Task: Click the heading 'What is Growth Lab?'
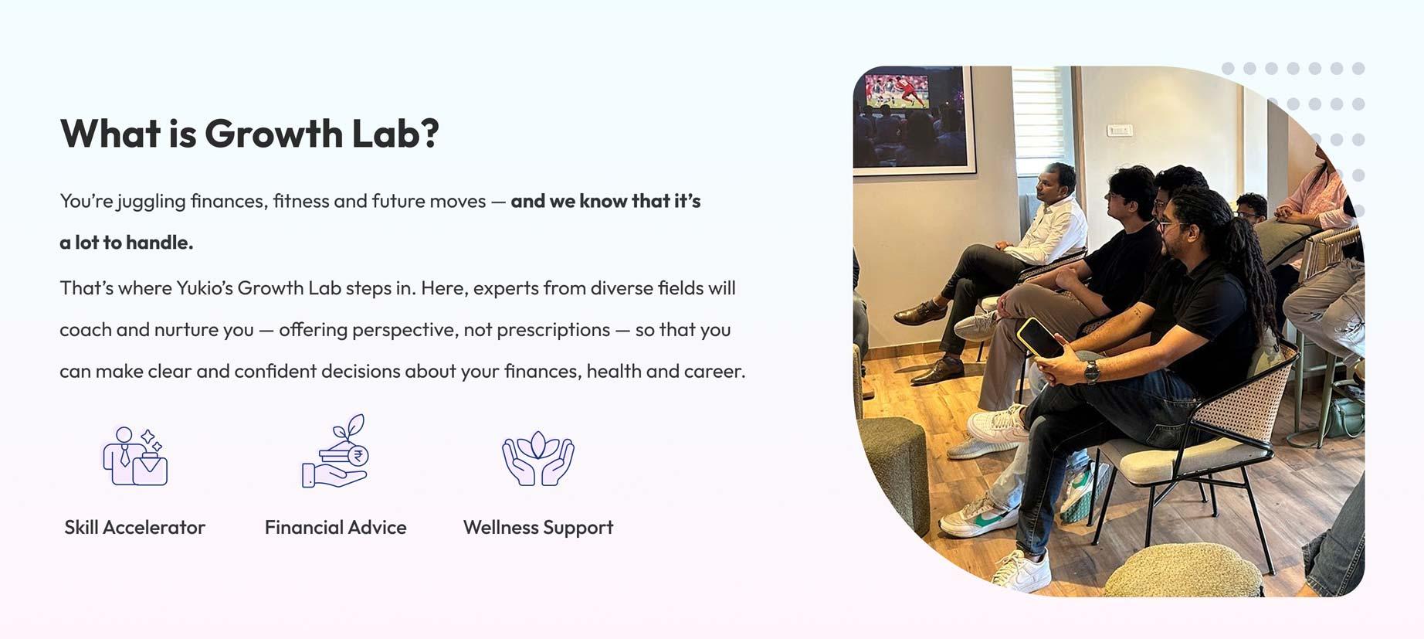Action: [249, 134]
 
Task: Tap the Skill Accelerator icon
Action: [135, 455]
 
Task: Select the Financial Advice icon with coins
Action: [335, 451]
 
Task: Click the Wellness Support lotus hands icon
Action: [538, 458]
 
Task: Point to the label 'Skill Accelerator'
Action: [135, 527]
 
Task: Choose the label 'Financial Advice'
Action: [335, 527]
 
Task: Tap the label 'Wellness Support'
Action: [538, 528]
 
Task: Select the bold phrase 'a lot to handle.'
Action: [127, 243]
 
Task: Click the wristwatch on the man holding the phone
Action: [1091, 372]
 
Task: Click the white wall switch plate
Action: [1119, 130]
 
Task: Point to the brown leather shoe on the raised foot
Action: [920, 312]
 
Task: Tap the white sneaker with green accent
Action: [971, 516]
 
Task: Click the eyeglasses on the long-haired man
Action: [1173, 226]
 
